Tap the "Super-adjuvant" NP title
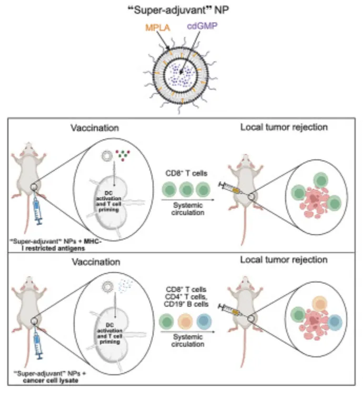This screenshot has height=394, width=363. coord(181,7)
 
